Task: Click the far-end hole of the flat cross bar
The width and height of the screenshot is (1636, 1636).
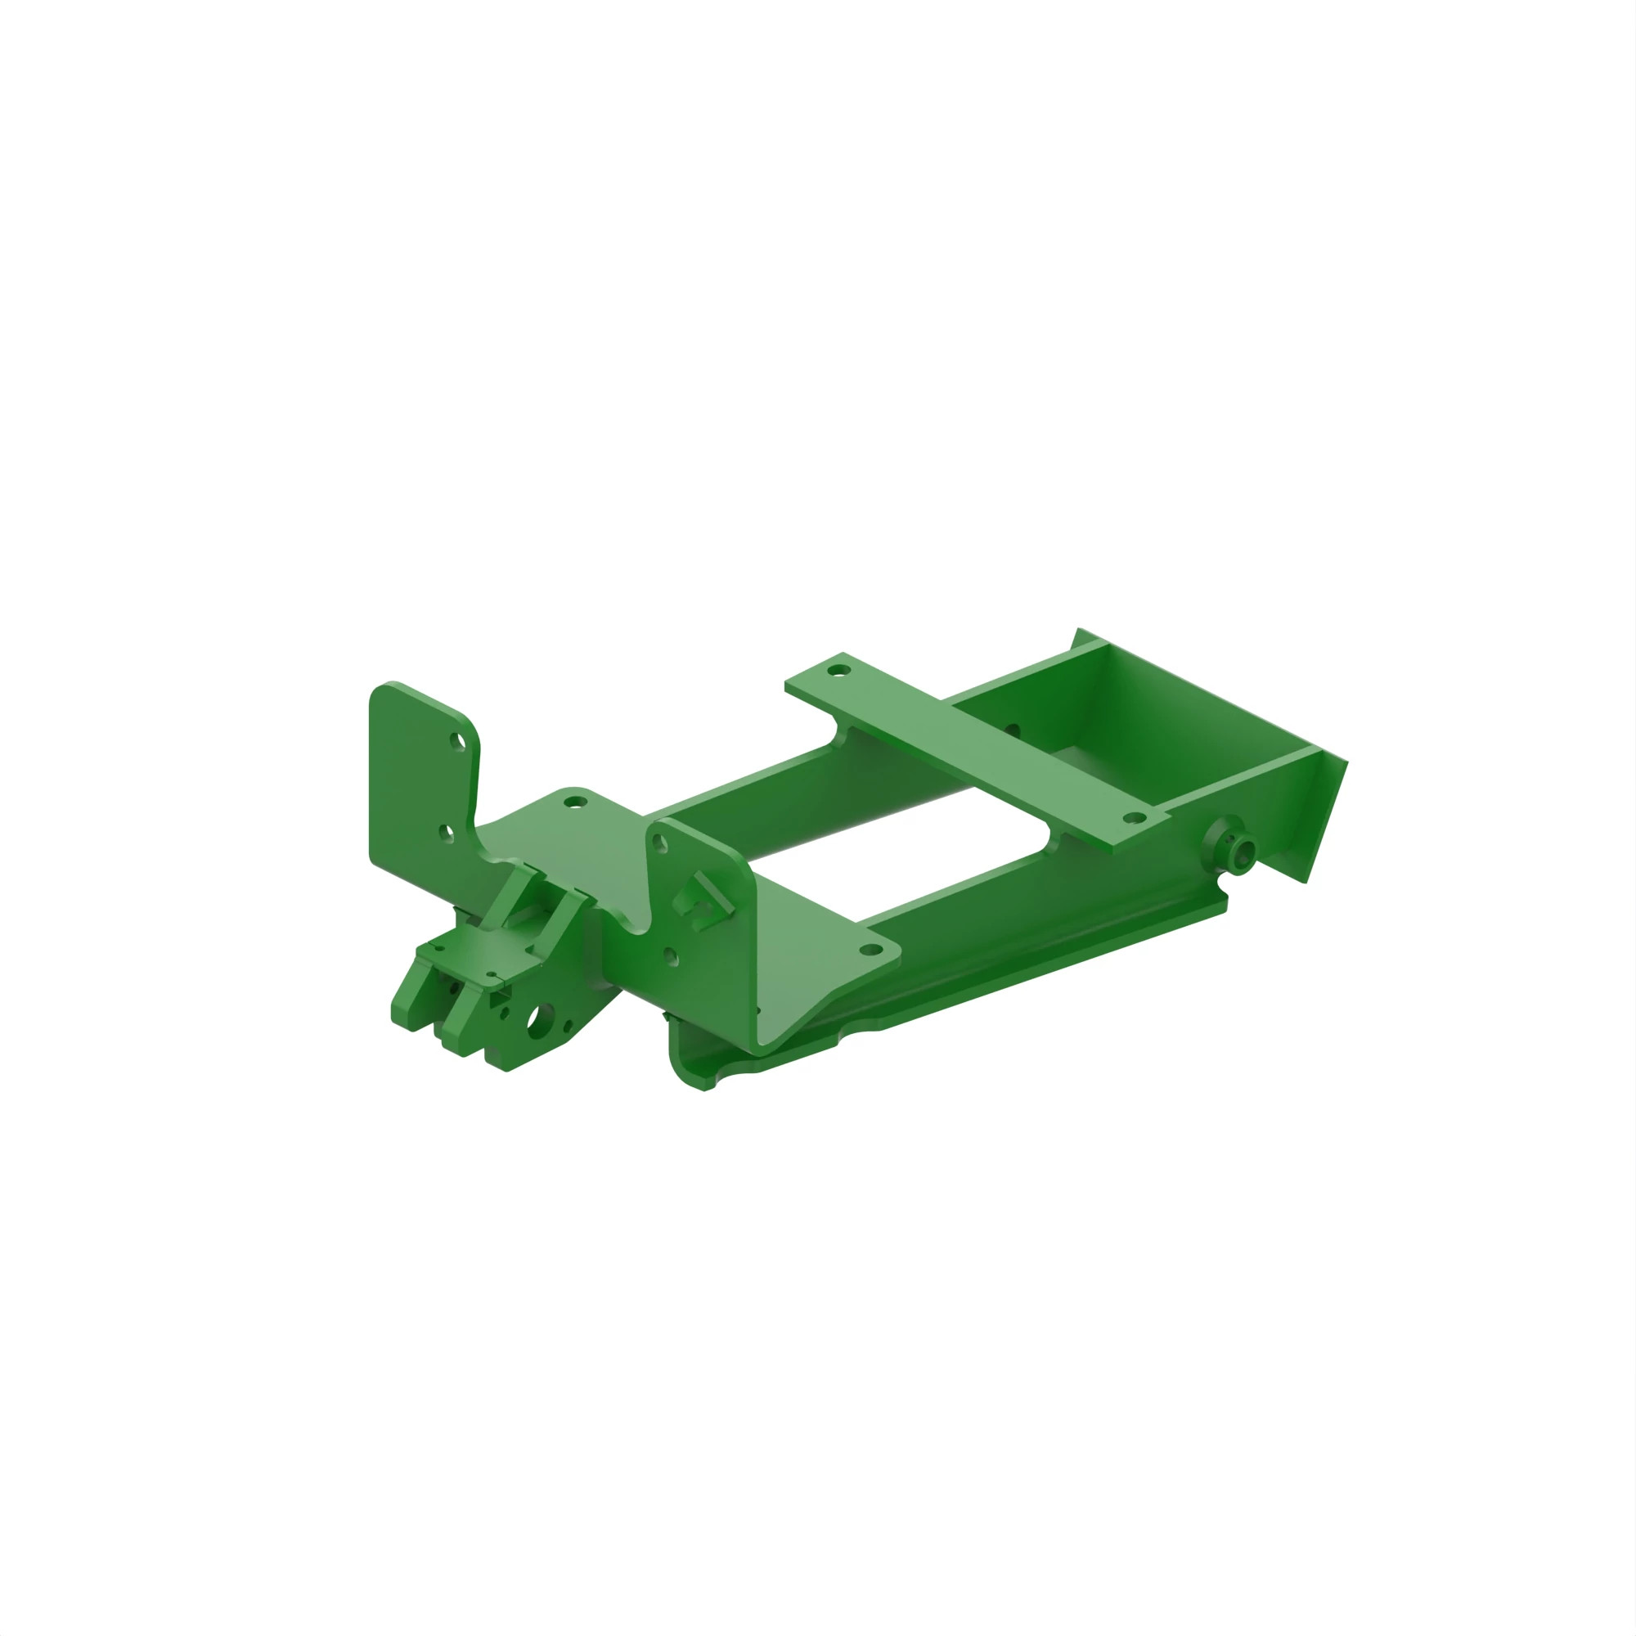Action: click(x=838, y=671)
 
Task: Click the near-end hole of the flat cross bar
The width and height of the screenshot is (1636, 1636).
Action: click(x=1133, y=818)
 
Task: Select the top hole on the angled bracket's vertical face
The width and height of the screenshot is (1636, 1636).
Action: click(x=661, y=843)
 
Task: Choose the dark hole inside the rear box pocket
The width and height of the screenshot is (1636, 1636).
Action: click(x=1013, y=729)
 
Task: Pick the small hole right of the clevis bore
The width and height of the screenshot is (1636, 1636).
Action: click(x=569, y=1027)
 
